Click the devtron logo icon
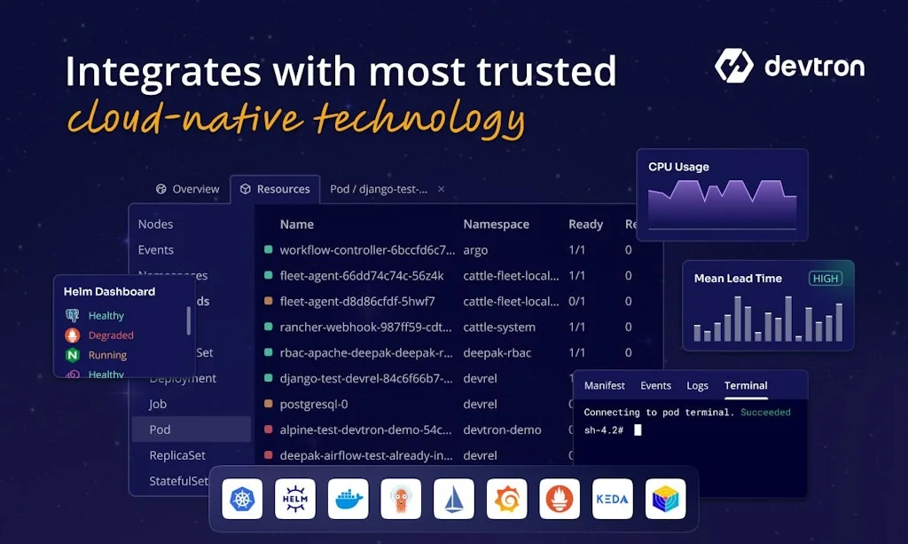pos(733,66)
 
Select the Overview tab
pos(187,189)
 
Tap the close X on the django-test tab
pos(442,189)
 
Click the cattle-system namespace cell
pos(499,327)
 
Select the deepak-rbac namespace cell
pos(497,352)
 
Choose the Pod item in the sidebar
pos(160,430)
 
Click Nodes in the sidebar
pos(155,225)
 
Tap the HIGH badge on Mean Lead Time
pos(825,278)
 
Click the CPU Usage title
pos(678,167)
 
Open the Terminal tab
pos(746,385)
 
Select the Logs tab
pos(697,385)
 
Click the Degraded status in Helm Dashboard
pos(111,335)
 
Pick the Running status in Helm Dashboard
pos(107,355)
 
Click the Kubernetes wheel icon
pos(242,500)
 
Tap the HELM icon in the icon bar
pos(295,500)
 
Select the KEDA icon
pos(612,500)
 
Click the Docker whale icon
pos(348,500)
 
